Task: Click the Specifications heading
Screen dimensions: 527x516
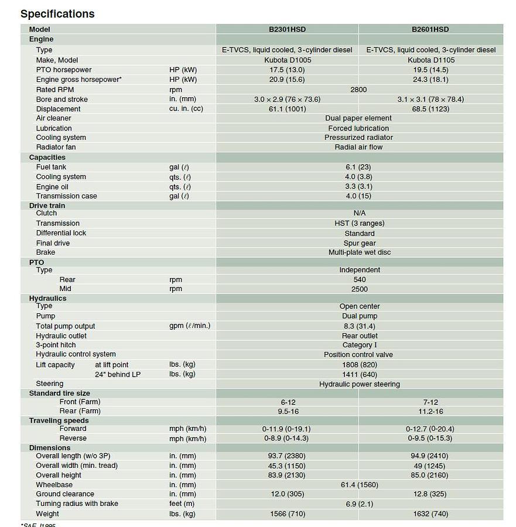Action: pyautogui.click(x=57, y=13)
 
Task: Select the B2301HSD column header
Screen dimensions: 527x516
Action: pyautogui.click(x=287, y=29)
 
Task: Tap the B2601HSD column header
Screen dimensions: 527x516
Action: pyautogui.click(x=430, y=29)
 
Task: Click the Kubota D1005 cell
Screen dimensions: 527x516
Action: pyautogui.click(x=287, y=60)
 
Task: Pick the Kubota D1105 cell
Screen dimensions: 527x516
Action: pyautogui.click(x=430, y=60)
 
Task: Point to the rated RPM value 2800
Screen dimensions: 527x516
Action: pyautogui.click(x=358, y=90)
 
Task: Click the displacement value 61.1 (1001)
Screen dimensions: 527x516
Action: pyautogui.click(x=287, y=109)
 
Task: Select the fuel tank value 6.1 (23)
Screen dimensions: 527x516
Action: pyautogui.click(x=358, y=167)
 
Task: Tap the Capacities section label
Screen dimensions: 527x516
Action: pyautogui.click(x=47, y=158)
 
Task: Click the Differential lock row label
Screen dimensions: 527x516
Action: pyautogui.click(x=61, y=233)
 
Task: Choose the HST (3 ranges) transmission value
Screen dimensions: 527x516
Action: pyautogui.click(x=359, y=223)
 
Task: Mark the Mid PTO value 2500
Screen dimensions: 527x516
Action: pyautogui.click(x=359, y=289)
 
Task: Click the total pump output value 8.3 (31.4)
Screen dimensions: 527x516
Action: pyautogui.click(x=359, y=326)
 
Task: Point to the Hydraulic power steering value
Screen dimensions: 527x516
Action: pyautogui.click(x=359, y=384)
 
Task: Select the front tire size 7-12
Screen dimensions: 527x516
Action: pyautogui.click(x=430, y=402)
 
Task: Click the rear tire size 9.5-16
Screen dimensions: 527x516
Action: pyautogui.click(x=287, y=411)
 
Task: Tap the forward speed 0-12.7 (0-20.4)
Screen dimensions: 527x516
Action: pyautogui.click(x=430, y=429)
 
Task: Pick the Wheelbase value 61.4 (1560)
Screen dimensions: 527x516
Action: pyautogui.click(x=359, y=485)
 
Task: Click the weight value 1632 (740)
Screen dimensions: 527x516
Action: pyautogui.click(x=430, y=514)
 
